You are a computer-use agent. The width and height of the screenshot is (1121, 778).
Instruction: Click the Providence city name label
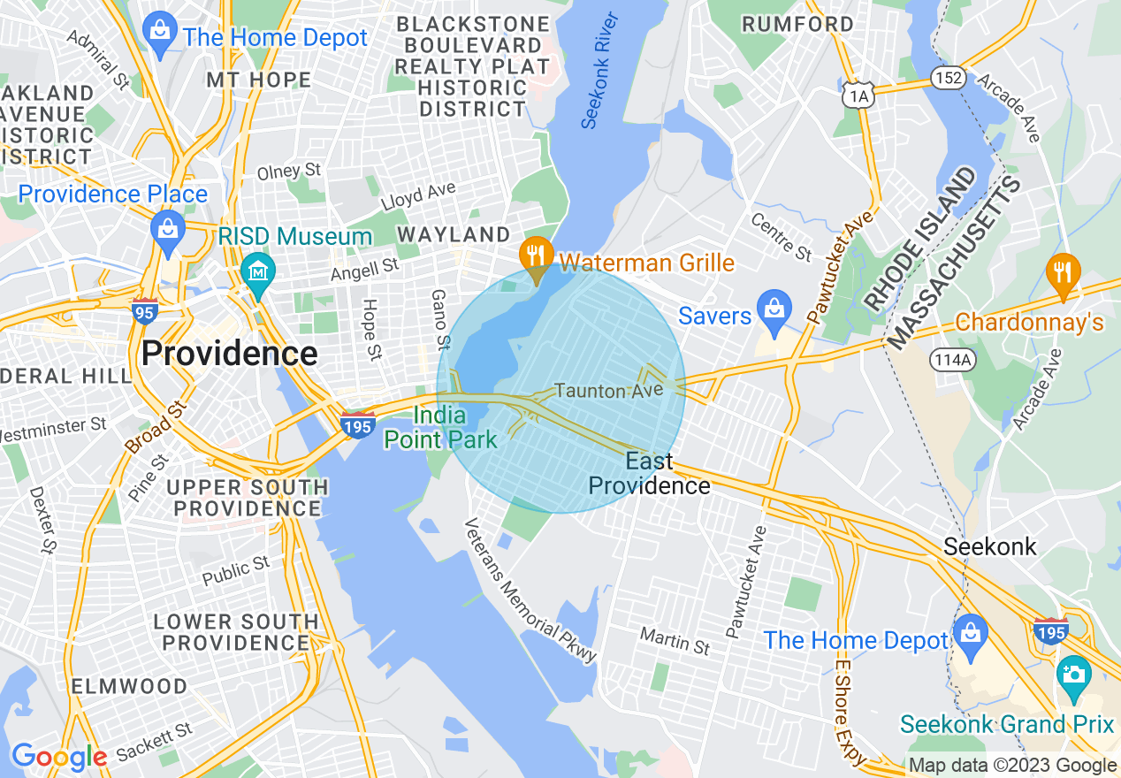click(x=229, y=354)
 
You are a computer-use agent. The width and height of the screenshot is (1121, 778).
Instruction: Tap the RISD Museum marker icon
click(x=258, y=270)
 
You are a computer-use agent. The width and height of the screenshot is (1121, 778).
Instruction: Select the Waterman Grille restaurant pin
click(x=535, y=256)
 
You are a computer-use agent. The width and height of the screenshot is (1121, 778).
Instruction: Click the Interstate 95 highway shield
click(x=145, y=311)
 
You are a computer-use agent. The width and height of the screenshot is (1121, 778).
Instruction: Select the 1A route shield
click(x=857, y=94)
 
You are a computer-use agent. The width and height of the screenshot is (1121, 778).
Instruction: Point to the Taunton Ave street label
click(x=608, y=390)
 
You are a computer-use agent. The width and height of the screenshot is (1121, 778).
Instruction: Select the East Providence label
click(x=649, y=473)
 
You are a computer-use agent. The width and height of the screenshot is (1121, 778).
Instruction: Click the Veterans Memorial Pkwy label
click(x=531, y=590)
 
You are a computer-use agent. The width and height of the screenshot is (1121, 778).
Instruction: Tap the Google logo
click(x=58, y=757)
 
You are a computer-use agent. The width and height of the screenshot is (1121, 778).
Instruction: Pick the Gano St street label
click(x=439, y=318)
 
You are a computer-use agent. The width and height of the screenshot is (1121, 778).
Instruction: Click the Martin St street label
click(x=675, y=640)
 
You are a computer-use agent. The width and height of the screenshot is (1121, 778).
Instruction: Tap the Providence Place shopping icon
click(x=166, y=228)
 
